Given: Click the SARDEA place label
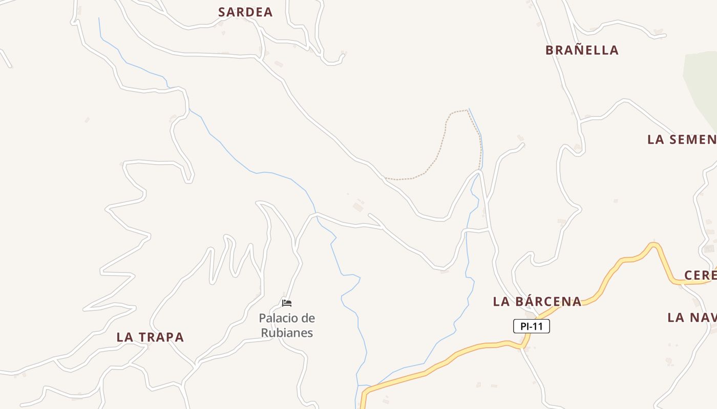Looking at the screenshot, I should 245,12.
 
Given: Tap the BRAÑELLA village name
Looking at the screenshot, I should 582,50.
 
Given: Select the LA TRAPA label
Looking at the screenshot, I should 150,337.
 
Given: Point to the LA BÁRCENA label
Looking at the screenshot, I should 537,302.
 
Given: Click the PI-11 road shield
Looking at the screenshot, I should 532,326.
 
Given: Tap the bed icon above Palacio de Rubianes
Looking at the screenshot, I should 287,303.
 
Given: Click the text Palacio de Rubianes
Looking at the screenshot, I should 287,326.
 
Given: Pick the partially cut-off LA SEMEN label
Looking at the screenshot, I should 682,139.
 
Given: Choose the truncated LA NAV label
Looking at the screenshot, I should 691,317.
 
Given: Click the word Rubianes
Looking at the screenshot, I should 287,333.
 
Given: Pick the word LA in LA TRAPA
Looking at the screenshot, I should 124,337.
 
